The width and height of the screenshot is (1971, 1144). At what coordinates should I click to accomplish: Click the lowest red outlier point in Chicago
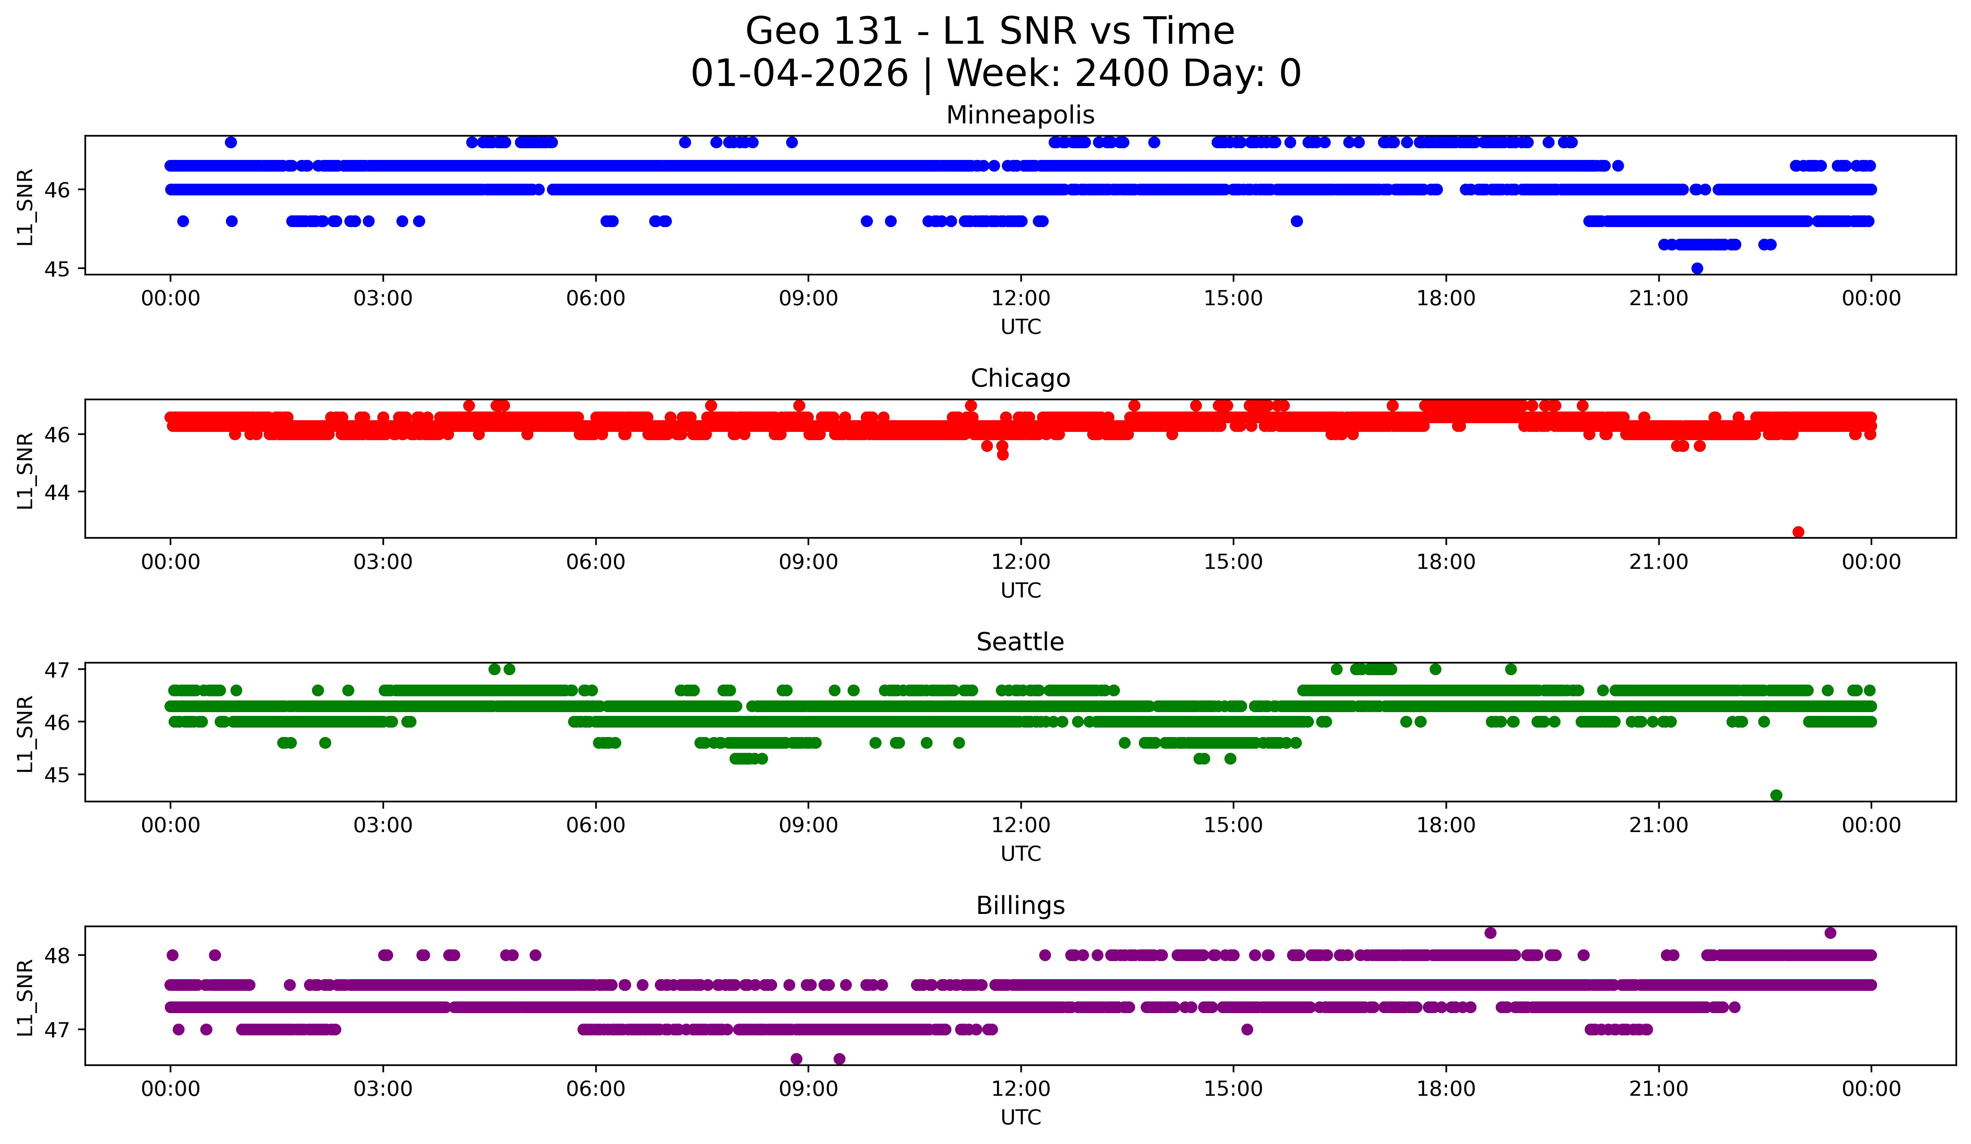coord(1798,532)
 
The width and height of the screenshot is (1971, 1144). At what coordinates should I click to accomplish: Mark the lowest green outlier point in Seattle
coord(1776,795)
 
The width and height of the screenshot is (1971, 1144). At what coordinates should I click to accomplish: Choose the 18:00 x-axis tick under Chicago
coord(1446,562)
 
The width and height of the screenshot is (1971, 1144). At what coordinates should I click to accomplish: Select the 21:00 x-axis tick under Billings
coord(1658,1089)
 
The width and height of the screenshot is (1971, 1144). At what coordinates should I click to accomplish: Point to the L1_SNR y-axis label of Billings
coord(25,998)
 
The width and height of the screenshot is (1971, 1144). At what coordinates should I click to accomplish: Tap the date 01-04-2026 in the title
coord(799,74)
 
